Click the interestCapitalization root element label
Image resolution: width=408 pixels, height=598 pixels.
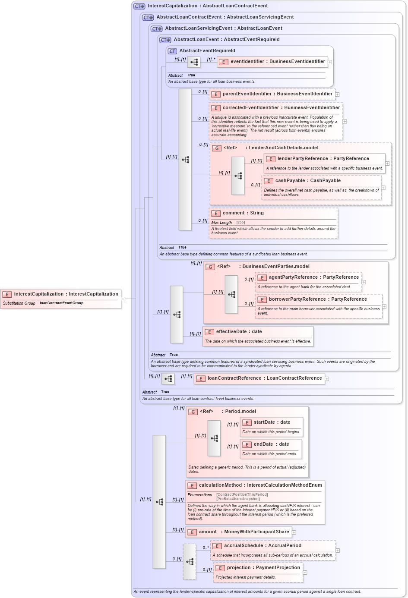(66, 294)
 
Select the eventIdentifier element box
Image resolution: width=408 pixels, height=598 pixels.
(277, 62)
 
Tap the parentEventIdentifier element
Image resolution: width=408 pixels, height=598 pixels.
(277, 94)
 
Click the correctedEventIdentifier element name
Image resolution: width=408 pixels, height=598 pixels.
(281, 108)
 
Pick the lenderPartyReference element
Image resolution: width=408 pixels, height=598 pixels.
(323, 159)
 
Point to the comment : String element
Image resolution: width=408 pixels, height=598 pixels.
(243, 213)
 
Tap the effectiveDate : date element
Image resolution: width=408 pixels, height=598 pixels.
(239, 332)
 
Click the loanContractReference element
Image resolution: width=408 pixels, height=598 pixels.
(264, 378)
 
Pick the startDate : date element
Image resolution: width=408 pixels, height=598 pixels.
(272, 422)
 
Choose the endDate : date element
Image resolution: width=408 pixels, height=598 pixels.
(271, 444)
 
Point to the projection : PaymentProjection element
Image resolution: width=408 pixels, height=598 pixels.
(263, 568)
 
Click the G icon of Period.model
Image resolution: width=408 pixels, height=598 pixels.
(193, 412)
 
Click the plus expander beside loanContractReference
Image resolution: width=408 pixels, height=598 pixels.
(327, 379)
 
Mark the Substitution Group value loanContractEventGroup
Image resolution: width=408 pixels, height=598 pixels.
(61, 303)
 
